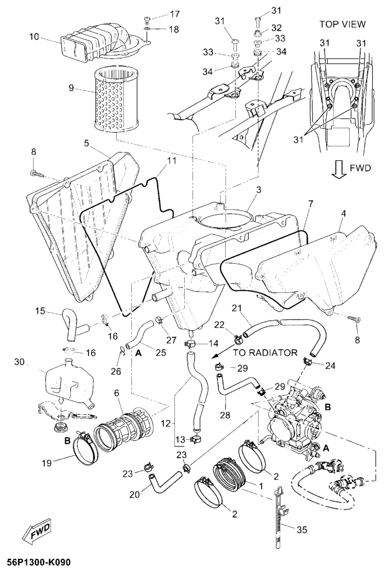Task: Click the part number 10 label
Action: pos(34,37)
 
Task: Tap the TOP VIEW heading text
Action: pos(342,24)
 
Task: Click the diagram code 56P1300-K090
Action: pos(39,562)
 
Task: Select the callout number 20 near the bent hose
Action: pos(132,495)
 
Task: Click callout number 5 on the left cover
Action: pos(86,143)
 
